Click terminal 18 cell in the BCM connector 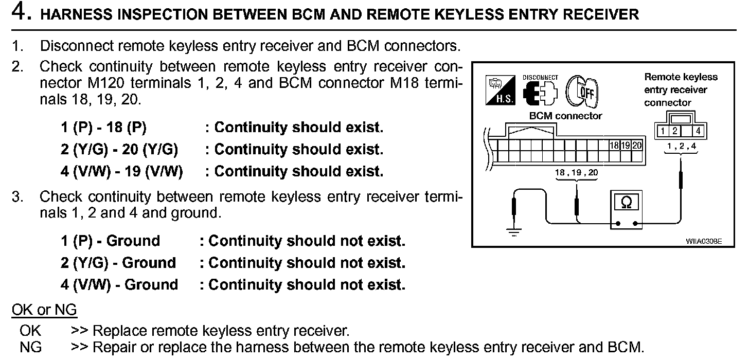[614, 146]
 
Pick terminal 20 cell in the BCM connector [637, 146]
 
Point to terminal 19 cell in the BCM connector [626, 146]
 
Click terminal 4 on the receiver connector [698, 132]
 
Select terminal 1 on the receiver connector [665, 132]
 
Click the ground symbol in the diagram [514, 230]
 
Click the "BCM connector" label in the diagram [565, 116]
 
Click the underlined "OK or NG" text [44, 310]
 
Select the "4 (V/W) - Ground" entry [119, 284]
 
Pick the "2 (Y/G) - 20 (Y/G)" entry [119, 150]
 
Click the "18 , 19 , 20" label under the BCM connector [576, 173]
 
